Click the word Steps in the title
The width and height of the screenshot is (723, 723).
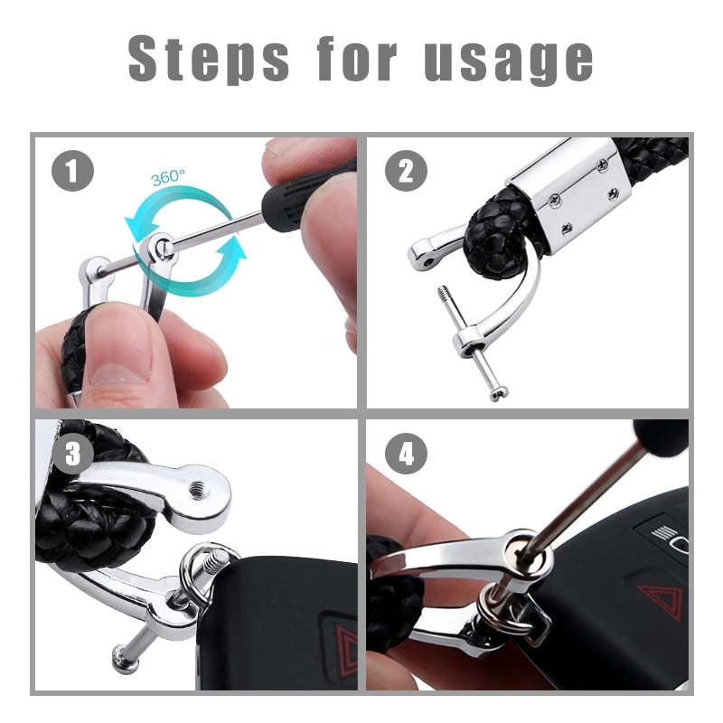[x=209, y=59]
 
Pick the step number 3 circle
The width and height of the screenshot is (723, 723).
[x=72, y=454]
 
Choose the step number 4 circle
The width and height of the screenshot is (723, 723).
[x=406, y=454]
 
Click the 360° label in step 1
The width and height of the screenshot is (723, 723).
[x=167, y=177]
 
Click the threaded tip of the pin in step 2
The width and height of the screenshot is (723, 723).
[x=444, y=295]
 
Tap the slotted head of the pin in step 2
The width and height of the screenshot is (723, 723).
[x=499, y=393]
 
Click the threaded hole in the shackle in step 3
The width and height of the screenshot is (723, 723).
[x=199, y=487]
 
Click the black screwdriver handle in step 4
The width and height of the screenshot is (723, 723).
[x=662, y=434]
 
